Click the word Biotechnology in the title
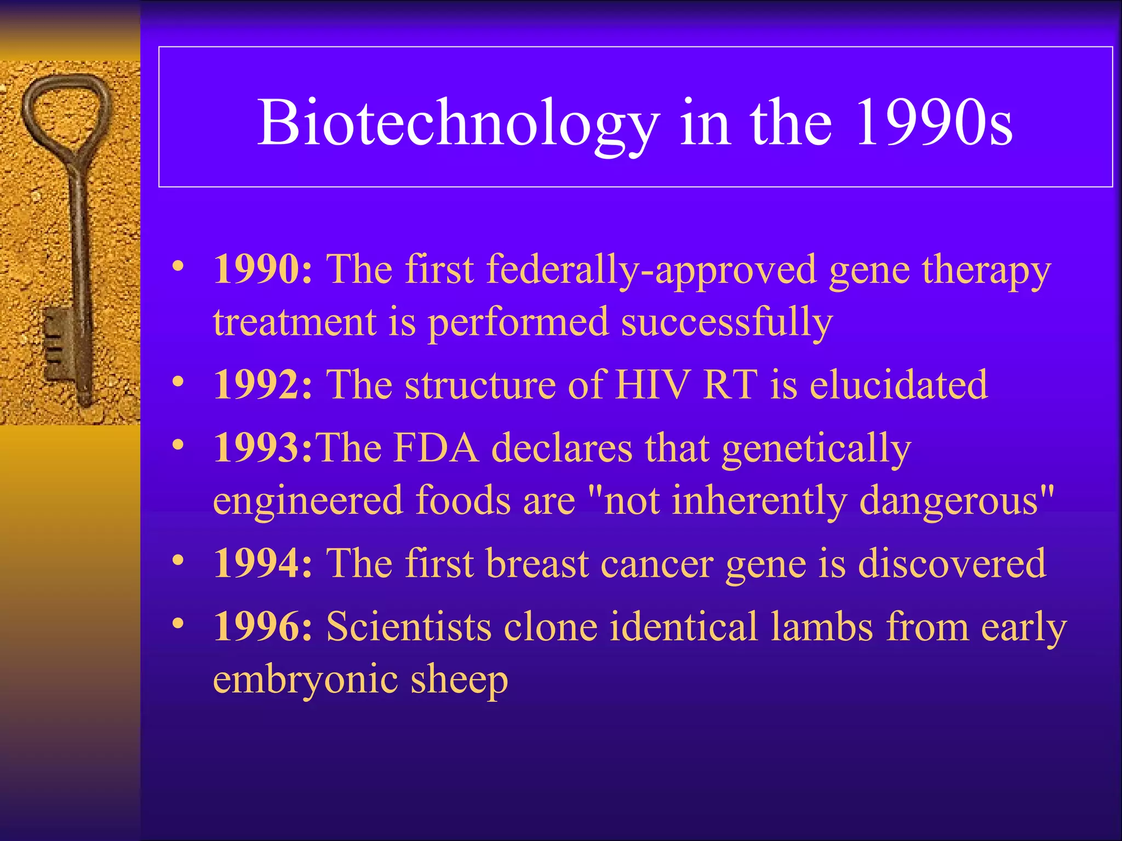pos(458,124)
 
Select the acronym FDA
pos(436,448)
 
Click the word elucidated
pos(898,385)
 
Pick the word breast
pos(537,563)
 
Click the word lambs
pos(822,627)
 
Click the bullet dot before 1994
pos(178,561)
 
